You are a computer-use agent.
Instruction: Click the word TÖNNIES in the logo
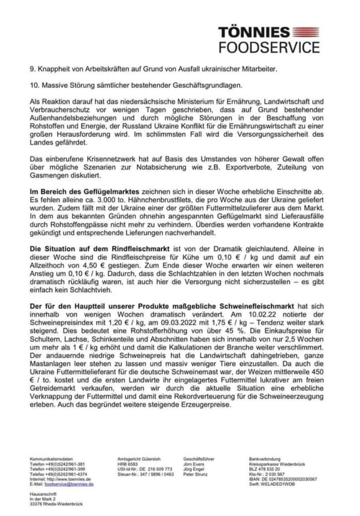point(254,32)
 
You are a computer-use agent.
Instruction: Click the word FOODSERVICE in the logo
point(269,47)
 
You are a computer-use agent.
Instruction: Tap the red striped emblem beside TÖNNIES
point(306,32)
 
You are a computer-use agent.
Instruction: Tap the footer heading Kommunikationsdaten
point(51,459)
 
